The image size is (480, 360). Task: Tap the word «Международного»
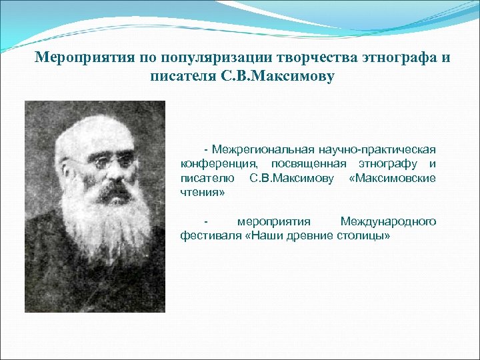tap(388, 221)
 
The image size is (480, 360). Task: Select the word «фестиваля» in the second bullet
tap(209, 237)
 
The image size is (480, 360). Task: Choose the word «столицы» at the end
tap(367, 237)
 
